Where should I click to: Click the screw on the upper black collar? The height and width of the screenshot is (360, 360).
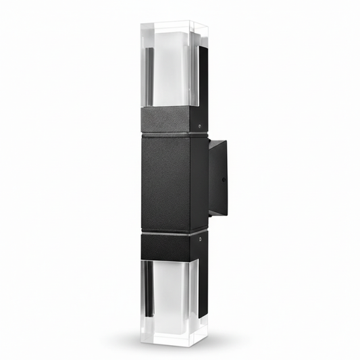[x=200, y=125]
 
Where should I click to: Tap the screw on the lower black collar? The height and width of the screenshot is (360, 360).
[x=201, y=237]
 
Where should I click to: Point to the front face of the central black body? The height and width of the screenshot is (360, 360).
[x=165, y=182]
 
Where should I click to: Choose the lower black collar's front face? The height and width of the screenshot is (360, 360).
[x=165, y=248]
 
